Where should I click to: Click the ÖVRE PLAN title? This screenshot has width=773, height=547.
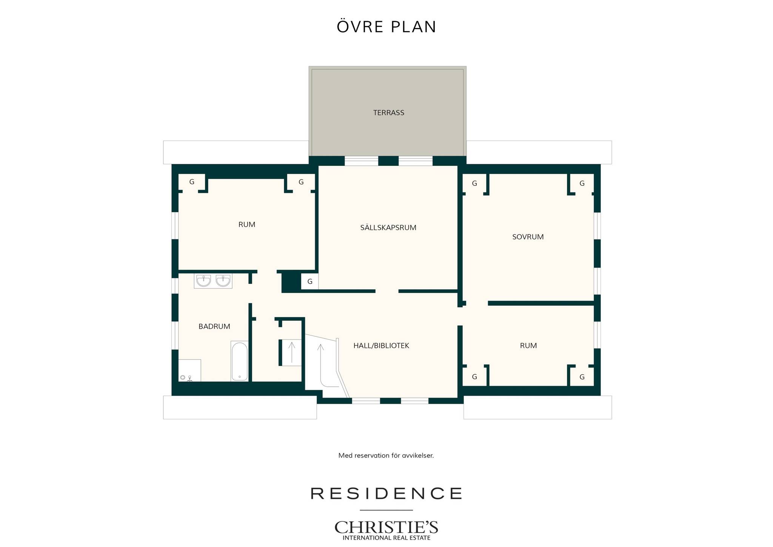386,26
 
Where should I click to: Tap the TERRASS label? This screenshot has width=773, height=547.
389,113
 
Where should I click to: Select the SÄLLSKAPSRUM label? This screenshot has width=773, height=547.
388,227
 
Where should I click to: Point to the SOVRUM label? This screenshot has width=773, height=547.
528,237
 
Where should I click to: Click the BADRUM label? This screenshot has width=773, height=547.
214,326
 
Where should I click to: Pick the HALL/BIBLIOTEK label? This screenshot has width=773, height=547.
381,346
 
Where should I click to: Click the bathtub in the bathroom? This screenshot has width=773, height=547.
239,361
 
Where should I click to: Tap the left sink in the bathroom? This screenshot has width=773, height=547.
203,281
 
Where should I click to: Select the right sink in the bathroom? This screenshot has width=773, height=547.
223,281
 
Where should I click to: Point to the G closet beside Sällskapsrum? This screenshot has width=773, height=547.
310,281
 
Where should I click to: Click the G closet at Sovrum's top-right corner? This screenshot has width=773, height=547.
582,184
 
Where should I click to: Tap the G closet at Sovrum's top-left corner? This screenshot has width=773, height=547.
474,184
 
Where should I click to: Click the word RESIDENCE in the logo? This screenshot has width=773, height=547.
386,493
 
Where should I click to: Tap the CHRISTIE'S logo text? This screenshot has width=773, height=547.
386,527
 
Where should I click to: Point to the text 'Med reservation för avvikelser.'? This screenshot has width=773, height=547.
386,456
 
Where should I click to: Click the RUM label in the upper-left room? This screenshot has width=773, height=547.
247,224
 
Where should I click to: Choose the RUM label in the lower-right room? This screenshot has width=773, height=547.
528,346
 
